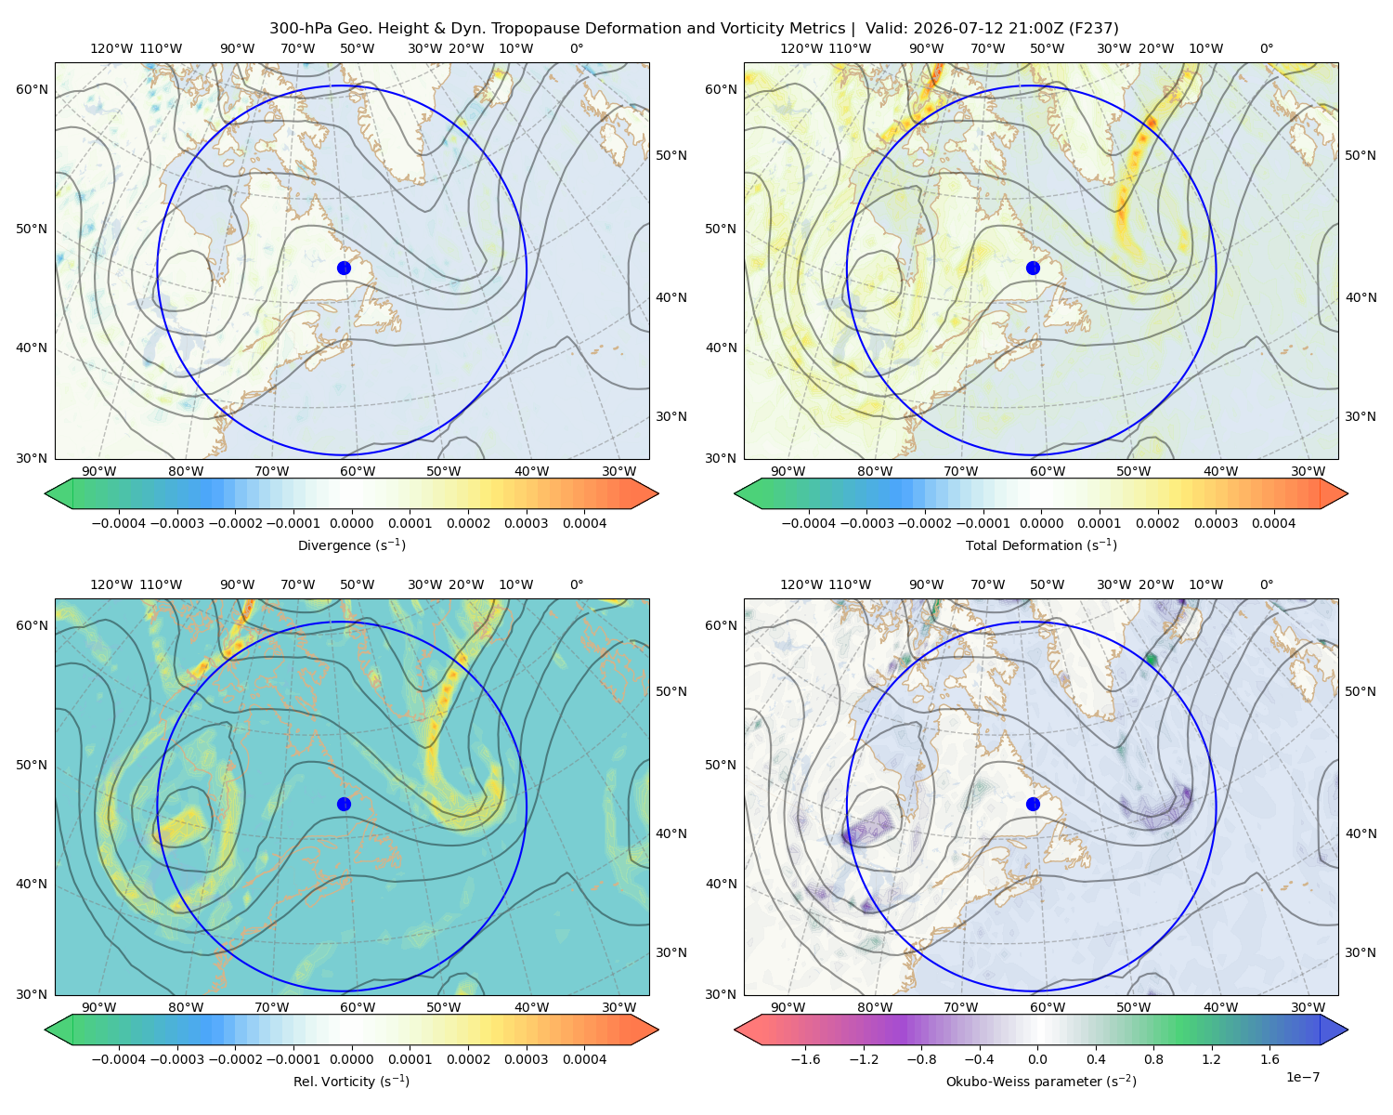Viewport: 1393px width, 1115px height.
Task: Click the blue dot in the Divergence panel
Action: click(x=344, y=268)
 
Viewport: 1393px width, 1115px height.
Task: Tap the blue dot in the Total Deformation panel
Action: click(x=1033, y=268)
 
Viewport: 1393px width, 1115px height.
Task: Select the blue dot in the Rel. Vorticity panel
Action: click(x=344, y=804)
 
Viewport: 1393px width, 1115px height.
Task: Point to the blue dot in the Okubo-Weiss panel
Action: click(x=1033, y=804)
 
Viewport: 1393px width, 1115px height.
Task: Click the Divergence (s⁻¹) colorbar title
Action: click(x=351, y=544)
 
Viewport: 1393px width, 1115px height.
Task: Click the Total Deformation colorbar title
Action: click(x=1041, y=544)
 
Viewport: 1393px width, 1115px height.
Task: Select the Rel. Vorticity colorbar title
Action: click(x=351, y=1081)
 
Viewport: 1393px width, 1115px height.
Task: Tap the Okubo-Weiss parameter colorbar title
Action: click(x=1041, y=1081)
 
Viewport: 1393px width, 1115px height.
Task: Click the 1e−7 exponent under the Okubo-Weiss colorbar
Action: click(x=1302, y=1077)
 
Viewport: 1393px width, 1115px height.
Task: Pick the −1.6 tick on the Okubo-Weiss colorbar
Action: click(x=805, y=1058)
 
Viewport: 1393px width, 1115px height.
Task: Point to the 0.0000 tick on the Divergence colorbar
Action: click(x=351, y=523)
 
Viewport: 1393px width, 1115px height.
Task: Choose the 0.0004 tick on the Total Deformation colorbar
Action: click(x=1273, y=523)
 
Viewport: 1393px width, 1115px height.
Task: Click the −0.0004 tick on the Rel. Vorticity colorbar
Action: click(x=119, y=1058)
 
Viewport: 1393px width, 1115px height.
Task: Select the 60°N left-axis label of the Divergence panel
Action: click(x=32, y=89)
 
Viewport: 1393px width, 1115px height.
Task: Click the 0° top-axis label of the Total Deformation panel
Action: click(x=1266, y=48)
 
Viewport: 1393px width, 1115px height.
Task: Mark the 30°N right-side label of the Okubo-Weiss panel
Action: click(x=1360, y=951)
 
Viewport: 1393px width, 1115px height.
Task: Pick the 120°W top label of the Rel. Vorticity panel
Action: click(x=111, y=584)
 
